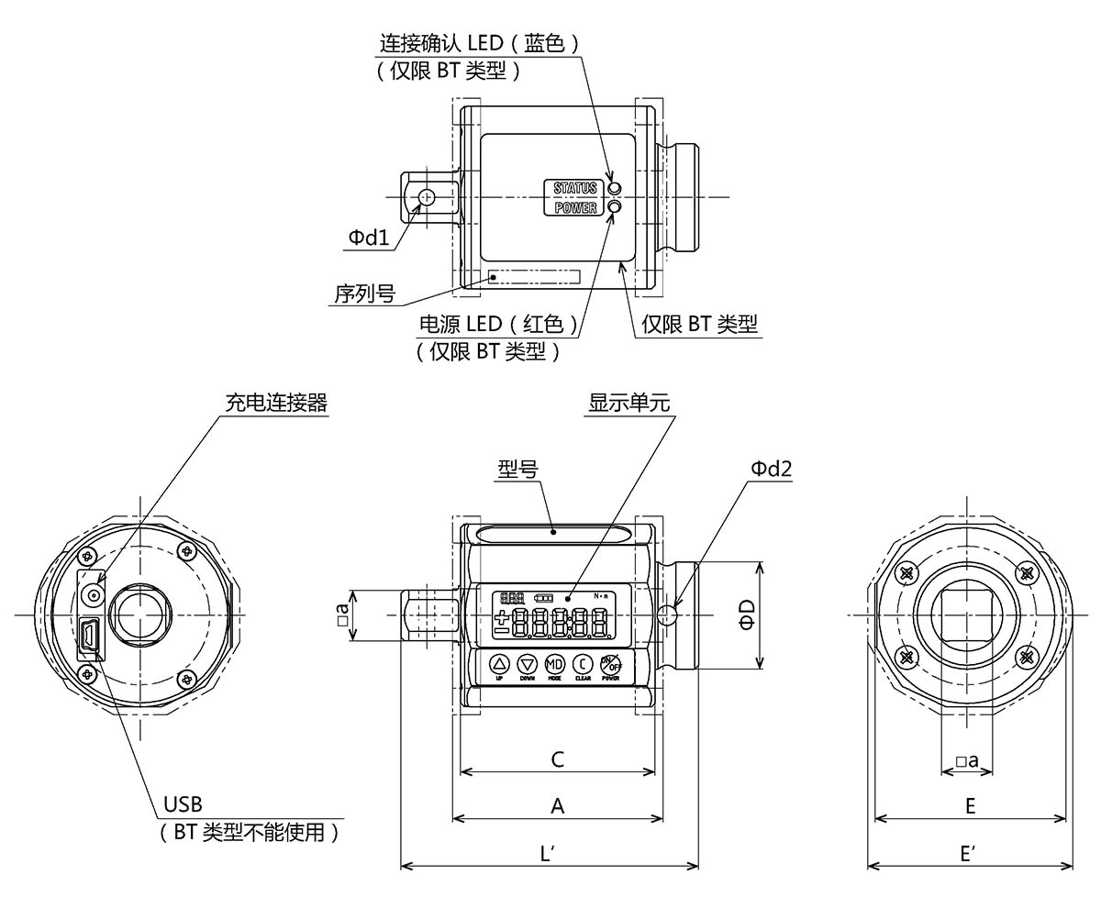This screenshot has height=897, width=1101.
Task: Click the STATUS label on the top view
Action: [574, 188]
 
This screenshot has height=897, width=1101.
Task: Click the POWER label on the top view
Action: [574, 208]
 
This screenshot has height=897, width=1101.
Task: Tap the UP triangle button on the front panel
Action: [499, 663]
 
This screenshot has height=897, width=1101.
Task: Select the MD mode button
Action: [555, 663]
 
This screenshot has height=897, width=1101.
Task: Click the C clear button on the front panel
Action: [583, 663]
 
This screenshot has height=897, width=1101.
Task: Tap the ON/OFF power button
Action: [611, 663]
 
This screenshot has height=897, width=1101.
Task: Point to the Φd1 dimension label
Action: [368, 238]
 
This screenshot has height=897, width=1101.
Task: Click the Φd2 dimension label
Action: [771, 469]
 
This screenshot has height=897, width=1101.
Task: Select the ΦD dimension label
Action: [747, 617]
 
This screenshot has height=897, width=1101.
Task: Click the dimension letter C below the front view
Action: [556, 759]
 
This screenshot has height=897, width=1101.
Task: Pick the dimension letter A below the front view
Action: [556, 805]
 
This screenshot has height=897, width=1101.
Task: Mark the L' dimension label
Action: [549, 853]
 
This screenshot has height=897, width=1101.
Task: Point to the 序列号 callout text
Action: [364, 293]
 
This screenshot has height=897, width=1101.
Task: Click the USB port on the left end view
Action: [89, 637]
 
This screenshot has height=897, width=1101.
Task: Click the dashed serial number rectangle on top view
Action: [534, 276]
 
